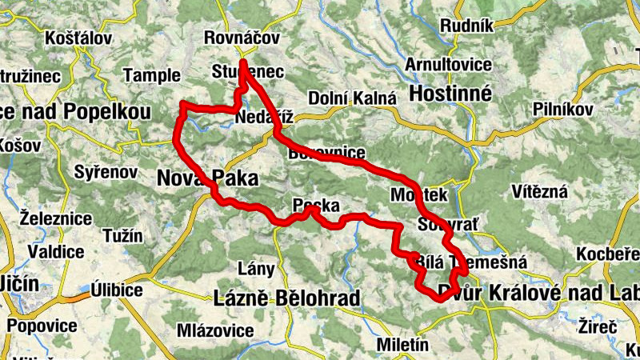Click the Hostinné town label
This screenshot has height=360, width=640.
(450, 94)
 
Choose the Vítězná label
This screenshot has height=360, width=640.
(540, 191)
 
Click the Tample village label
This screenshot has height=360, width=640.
(152, 75)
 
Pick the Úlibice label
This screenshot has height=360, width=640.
(116, 289)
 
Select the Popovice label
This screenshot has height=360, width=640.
(42, 326)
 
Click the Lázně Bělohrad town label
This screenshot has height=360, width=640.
(287, 299)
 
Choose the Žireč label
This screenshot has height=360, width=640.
(597, 326)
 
